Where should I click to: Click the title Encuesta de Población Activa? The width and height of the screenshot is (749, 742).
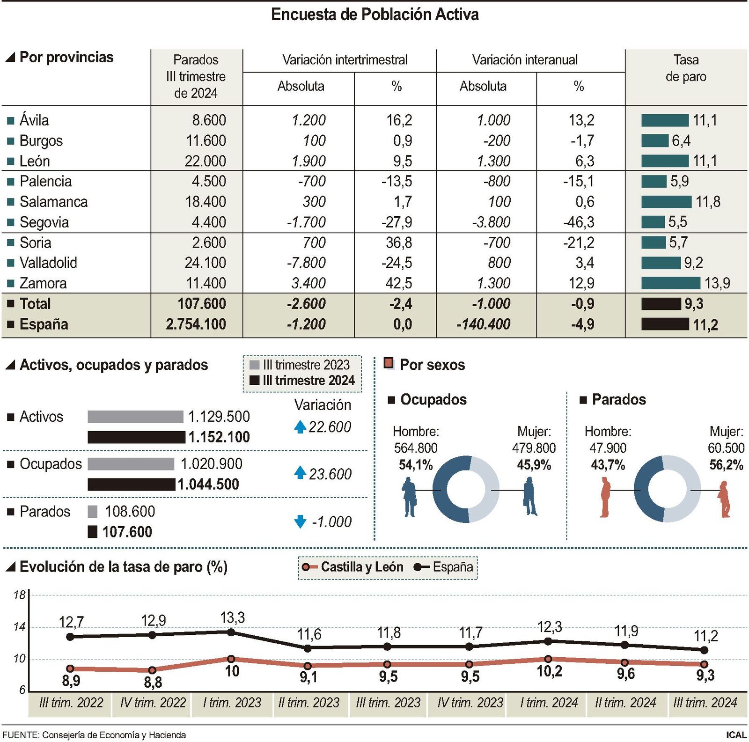click(374, 15)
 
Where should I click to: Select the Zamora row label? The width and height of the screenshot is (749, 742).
click(43, 283)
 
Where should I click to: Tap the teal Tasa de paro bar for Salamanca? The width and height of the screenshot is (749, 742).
click(666, 202)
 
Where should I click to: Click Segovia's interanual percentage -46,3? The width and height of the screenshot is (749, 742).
click(579, 222)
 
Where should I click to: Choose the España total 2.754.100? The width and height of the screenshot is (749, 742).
click(196, 324)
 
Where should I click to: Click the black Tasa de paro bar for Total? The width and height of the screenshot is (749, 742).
click(661, 304)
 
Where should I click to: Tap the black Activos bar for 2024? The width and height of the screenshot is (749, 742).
click(136, 437)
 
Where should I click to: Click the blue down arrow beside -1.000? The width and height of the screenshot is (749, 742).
click(300, 522)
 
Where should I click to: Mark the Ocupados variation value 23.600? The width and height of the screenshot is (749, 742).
click(330, 474)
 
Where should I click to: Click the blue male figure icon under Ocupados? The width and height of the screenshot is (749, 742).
click(409, 497)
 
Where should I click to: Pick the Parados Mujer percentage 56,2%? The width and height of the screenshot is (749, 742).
click(726, 465)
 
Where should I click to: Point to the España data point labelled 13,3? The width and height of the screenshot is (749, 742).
click(231, 632)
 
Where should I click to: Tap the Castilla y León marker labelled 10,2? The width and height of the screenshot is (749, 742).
click(548, 659)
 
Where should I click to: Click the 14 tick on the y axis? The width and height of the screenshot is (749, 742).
click(19, 627)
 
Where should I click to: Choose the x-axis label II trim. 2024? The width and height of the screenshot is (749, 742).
click(625, 703)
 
